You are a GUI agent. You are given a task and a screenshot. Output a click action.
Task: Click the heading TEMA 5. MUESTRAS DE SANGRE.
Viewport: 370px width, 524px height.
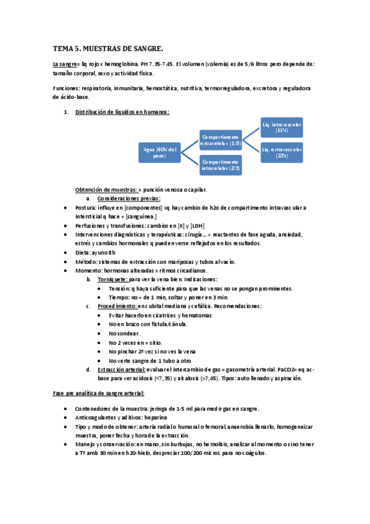108,48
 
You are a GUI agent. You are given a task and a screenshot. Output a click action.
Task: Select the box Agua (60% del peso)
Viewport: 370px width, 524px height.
159,152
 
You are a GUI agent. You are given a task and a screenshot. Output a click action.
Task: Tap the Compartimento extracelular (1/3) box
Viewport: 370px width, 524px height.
220,140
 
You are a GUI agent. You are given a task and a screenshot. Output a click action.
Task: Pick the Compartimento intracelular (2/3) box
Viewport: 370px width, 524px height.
220,164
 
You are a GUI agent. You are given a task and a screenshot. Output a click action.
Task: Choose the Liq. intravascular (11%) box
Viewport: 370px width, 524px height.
282,127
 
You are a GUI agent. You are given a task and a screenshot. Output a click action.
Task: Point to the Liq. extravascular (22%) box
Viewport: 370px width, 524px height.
282,152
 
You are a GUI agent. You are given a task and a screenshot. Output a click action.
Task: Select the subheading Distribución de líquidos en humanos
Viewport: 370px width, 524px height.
122,112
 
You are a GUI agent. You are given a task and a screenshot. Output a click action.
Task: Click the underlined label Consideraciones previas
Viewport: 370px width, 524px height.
128,198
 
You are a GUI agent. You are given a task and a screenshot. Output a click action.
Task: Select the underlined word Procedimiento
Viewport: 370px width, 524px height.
116,306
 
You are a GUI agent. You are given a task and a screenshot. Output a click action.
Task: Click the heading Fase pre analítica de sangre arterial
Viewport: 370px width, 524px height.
99,394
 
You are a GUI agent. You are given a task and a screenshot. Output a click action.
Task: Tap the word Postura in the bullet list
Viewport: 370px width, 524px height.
85,208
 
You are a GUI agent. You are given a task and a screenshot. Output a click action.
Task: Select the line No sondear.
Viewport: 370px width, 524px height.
124,333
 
